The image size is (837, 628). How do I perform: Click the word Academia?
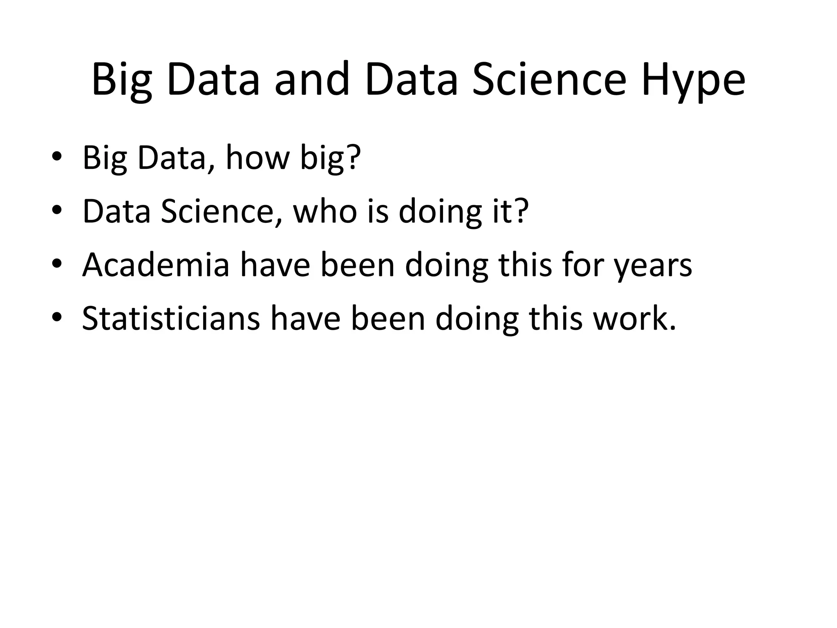(x=156, y=265)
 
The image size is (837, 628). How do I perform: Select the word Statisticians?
(x=171, y=318)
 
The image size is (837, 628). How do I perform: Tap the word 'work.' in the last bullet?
(x=635, y=318)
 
